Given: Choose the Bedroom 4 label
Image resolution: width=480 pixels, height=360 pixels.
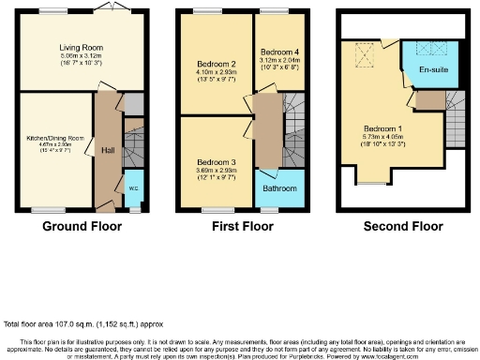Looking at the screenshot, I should [279, 51].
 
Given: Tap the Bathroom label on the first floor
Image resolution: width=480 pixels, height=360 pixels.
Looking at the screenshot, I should [279, 188].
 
